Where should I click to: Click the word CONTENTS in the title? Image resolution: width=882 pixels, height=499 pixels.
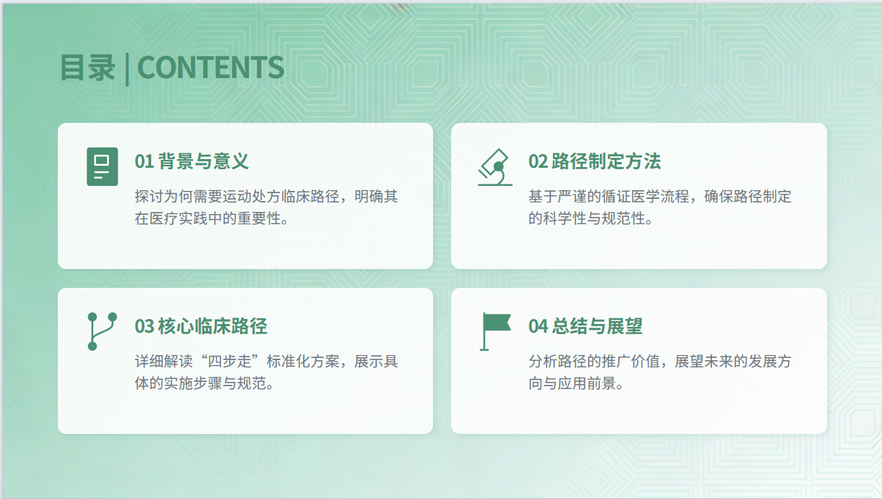click(210, 68)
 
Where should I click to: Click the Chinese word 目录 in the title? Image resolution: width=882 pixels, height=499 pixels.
click(87, 68)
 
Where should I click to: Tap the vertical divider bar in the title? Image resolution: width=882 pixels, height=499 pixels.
click(127, 69)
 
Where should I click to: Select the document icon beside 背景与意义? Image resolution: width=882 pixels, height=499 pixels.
click(102, 166)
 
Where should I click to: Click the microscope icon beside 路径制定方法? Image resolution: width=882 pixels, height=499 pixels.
click(495, 167)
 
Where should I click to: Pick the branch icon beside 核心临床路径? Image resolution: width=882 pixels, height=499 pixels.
click(102, 331)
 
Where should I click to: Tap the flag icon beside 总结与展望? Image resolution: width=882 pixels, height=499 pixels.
click(496, 331)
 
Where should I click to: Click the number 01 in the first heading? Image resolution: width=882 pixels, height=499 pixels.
click(144, 161)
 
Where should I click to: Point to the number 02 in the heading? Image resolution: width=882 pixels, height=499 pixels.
click(538, 161)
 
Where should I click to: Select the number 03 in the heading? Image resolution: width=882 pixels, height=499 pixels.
click(144, 326)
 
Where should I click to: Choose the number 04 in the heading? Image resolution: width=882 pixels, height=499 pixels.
click(538, 326)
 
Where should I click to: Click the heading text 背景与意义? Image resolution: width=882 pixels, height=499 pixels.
click(203, 161)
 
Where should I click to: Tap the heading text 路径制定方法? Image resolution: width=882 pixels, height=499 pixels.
click(606, 161)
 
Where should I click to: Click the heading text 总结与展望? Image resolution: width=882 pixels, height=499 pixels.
click(597, 326)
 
